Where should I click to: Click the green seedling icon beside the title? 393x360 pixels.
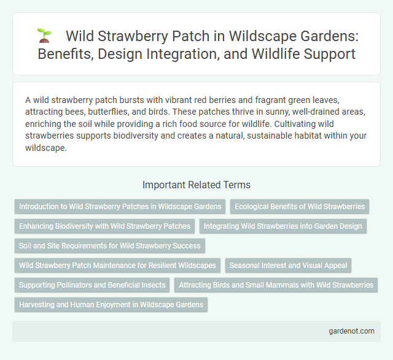point(44,36)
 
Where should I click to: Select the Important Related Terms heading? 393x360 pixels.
point(196,184)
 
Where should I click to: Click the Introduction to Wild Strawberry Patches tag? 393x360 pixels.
point(120,207)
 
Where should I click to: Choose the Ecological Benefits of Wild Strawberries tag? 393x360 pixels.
point(300,207)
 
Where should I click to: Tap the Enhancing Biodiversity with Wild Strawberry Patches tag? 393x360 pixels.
point(104,226)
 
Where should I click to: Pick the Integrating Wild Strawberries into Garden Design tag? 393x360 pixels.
point(282,226)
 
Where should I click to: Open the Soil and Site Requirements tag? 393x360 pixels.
point(109,246)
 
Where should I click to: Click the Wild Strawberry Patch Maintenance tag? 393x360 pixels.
point(117,266)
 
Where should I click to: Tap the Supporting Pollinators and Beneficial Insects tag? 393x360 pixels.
point(92,285)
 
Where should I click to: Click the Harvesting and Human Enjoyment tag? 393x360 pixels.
point(111,305)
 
